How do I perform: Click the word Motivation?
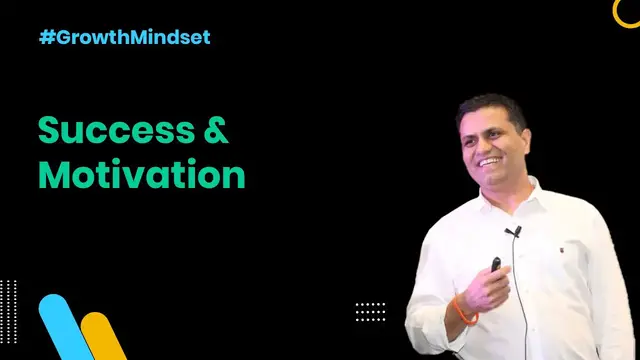(x=141, y=174)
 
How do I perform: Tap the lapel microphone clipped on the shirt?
(x=513, y=232)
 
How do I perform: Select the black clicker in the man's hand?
(x=495, y=266)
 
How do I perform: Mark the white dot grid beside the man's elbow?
(x=370, y=311)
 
